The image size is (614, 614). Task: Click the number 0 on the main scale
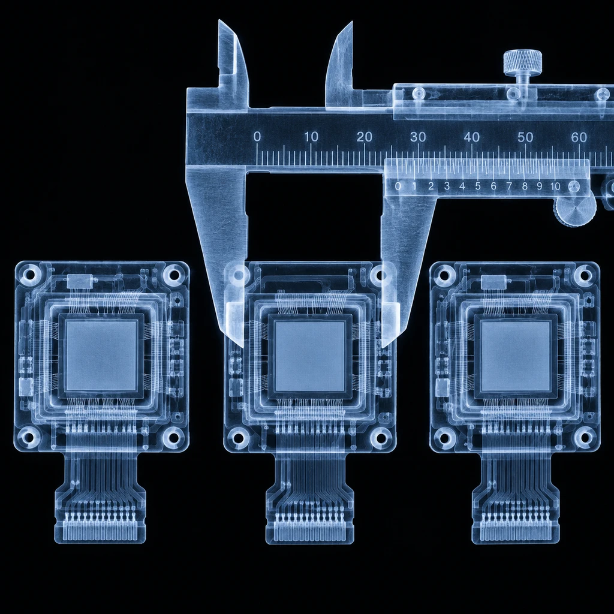point(257,137)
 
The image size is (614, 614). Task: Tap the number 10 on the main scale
point(311,137)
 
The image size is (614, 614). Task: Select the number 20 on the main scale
point(365,137)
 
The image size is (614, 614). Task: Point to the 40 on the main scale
point(471,137)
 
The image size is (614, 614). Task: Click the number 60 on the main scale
point(579,137)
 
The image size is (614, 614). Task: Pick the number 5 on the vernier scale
point(478,186)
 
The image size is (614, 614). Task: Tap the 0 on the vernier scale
point(398,186)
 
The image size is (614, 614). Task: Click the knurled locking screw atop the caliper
point(522,62)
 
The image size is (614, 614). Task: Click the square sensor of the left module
point(101,355)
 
